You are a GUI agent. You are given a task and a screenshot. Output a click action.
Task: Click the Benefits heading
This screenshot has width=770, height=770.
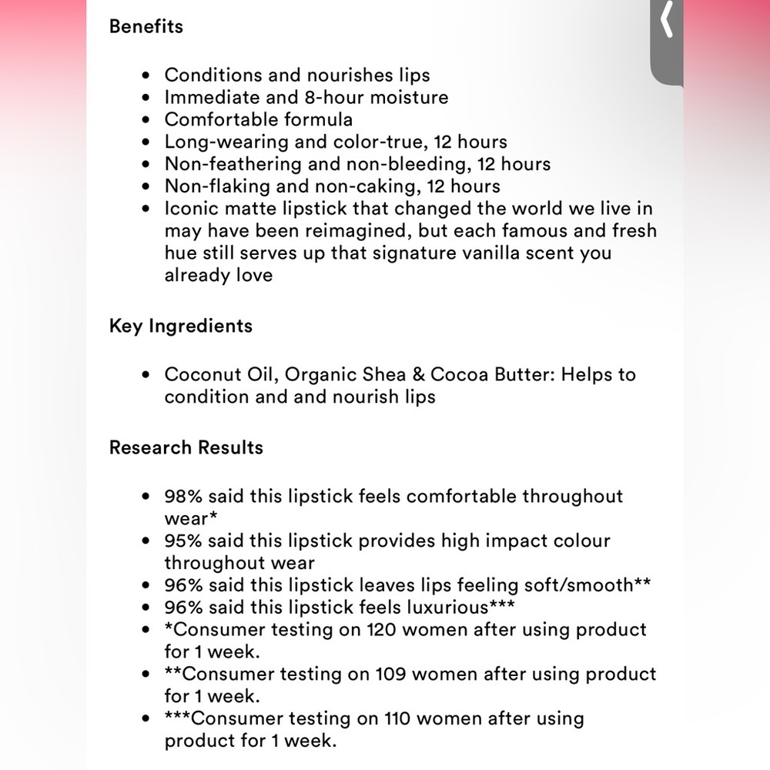[x=146, y=26]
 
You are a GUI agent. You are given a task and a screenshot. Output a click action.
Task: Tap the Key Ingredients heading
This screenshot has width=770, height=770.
[x=181, y=326]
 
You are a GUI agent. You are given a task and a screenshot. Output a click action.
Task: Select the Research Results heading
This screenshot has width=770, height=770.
[x=186, y=447]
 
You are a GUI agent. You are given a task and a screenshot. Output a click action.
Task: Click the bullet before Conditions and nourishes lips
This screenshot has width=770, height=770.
[x=147, y=75]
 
